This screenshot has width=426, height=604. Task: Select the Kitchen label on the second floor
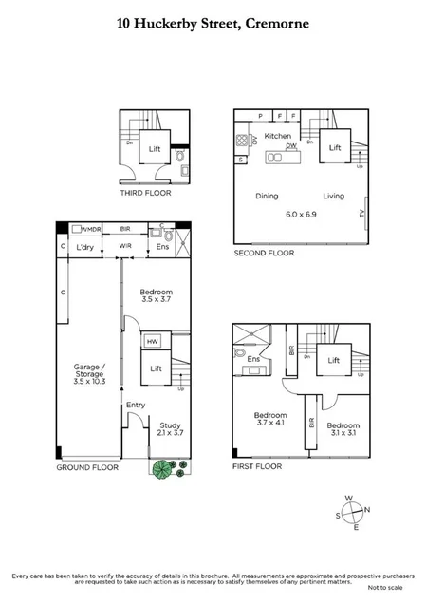pyautogui.click(x=278, y=137)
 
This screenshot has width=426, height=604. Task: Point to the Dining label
pyautogui.click(x=268, y=196)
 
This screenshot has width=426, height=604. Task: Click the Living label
pyautogui.click(x=333, y=196)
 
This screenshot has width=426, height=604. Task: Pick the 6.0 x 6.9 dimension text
pyautogui.click(x=303, y=216)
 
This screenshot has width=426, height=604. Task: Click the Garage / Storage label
pyautogui.click(x=86, y=370)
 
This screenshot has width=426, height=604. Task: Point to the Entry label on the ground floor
pyautogui.click(x=136, y=406)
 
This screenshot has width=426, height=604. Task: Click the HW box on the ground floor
pyautogui.click(x=152, y=341)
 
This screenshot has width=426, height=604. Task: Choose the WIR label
pyautogui.click(x=125, y=248)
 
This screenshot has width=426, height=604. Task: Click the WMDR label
pyautogui.click(x=90, y=229)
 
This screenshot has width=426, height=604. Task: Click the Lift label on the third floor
pyautogui.click(x=155, y=148)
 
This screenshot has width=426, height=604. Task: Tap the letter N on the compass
pyautogui.click(x=368, y=508)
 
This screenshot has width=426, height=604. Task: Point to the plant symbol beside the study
pyautogui.click(x=164, y=469)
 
